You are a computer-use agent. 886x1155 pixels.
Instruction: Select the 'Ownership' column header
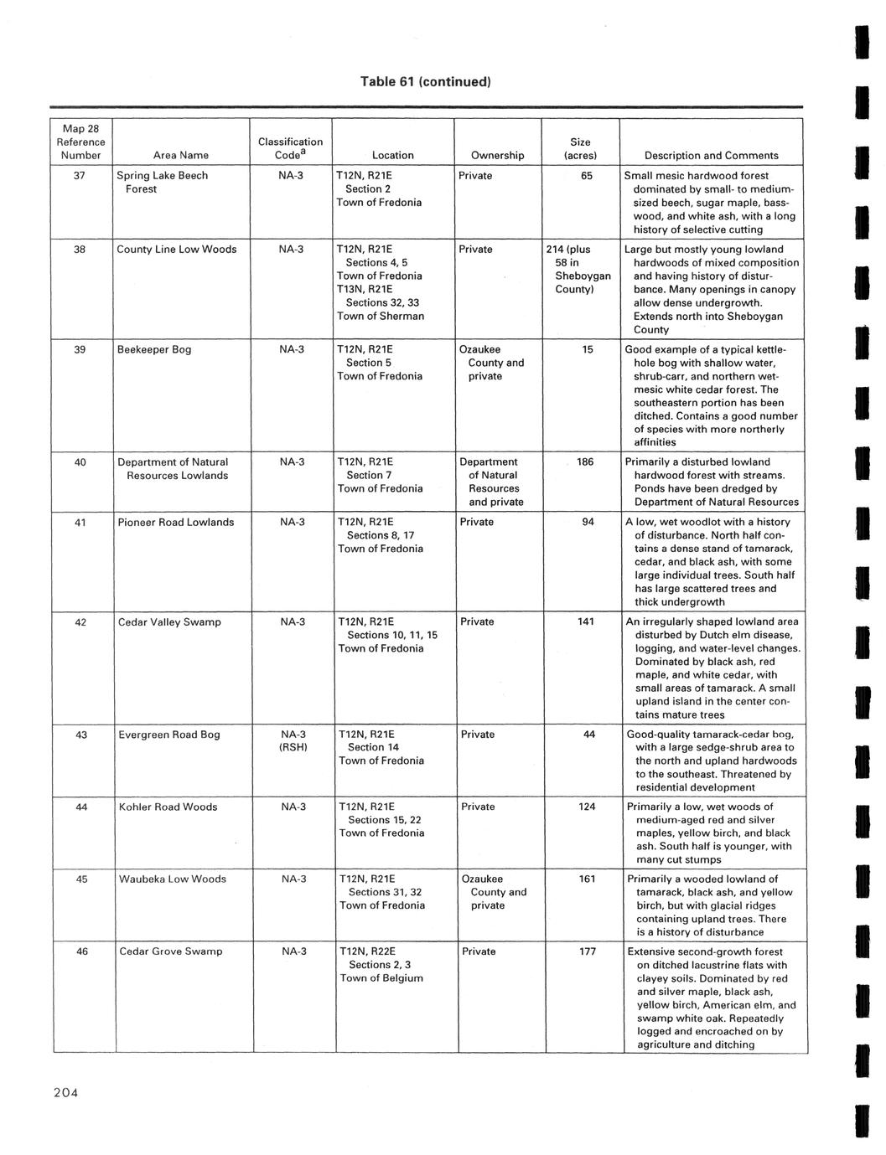pos(497,155)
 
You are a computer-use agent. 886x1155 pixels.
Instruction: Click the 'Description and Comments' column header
pos(711,155)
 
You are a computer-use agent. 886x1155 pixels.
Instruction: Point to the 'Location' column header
pos(392,155)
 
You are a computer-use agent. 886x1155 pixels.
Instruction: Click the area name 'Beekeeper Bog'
pos(154,349)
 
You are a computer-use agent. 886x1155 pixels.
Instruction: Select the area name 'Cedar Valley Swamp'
pos(169,621)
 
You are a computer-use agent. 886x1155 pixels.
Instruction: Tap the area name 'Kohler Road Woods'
pos(168,807)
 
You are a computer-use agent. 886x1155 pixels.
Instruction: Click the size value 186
pos(585,461)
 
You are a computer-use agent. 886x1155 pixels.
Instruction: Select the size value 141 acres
pos(586,621)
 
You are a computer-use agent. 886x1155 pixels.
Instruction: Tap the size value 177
pos(587,951)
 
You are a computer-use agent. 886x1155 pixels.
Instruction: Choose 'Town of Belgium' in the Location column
pos(381,977)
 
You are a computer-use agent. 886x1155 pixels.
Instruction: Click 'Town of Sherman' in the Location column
pos(381,316)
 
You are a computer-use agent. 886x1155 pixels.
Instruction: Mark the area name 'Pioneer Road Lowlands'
pos(175,522)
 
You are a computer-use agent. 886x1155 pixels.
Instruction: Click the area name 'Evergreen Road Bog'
pos(169,735)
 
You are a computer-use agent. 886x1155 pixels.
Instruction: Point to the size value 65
pos(587,176)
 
